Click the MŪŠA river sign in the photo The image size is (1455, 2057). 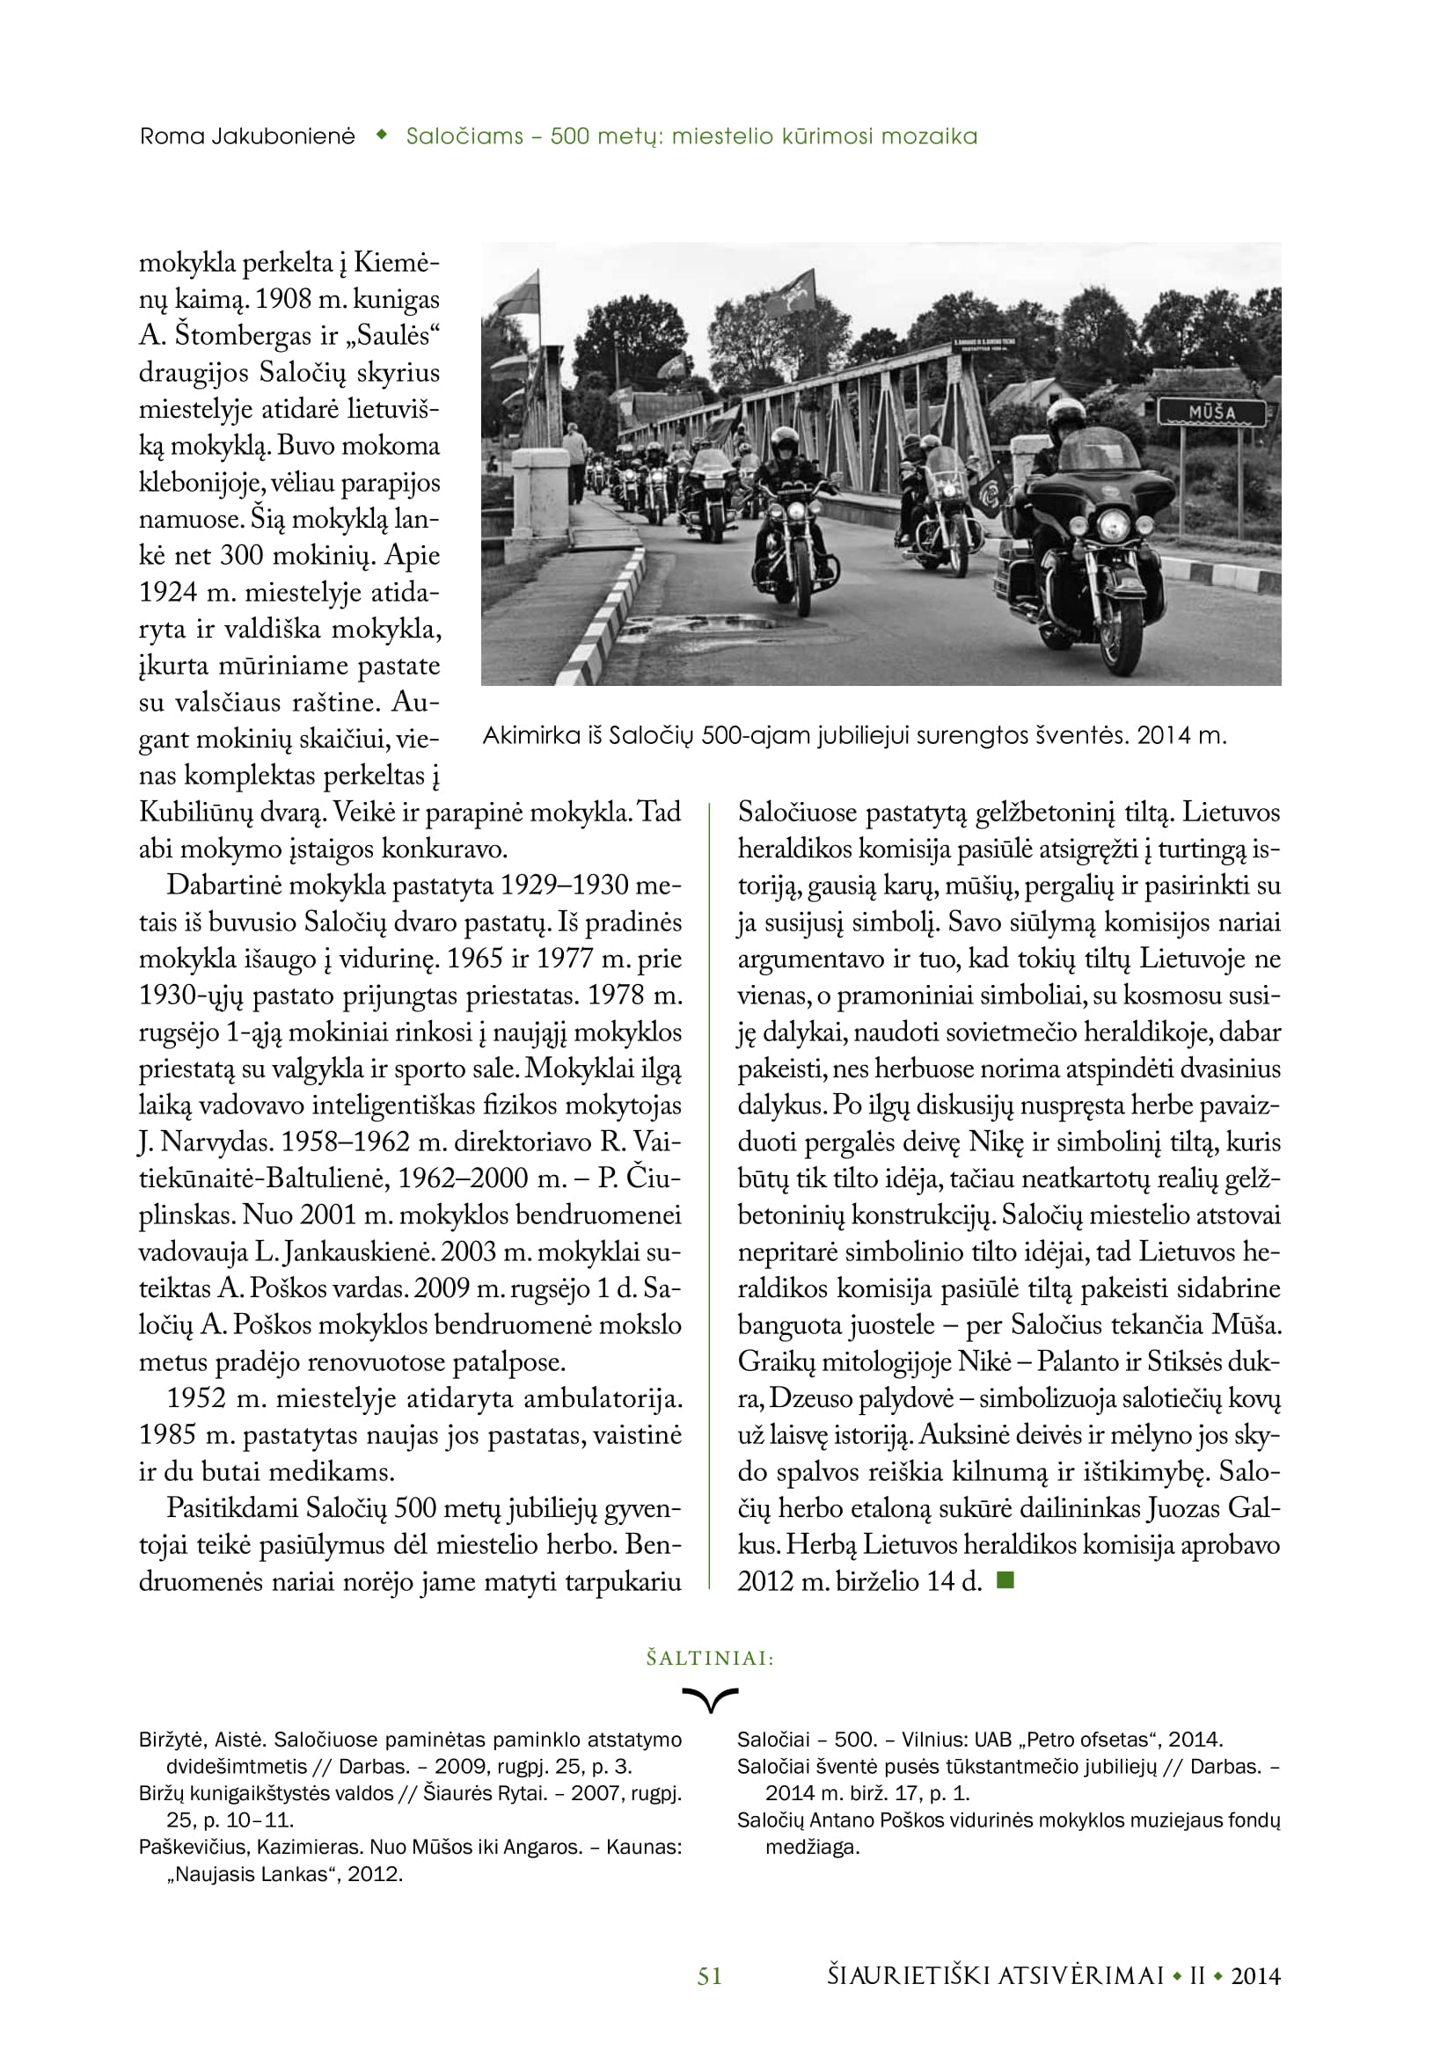1211,413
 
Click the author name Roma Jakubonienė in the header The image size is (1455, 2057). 247,137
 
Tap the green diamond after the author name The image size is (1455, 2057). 381,136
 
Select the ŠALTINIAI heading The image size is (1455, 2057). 710,1659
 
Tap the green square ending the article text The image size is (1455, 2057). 1005,1579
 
